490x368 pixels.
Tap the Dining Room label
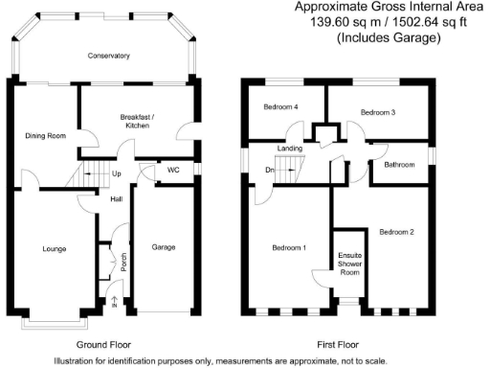click(45, 136)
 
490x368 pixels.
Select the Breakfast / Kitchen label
click(137, 122)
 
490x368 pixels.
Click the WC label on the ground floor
click(173, 170)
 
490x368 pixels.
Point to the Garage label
click(164, 247)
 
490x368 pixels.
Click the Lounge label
click(54, 249)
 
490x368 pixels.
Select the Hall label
click(116, 199)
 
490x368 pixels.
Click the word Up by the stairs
click(117, 174)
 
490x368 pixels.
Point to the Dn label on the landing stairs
click(270, 172)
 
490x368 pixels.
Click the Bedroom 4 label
click(280, 107)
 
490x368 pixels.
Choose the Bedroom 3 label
click(377, 112)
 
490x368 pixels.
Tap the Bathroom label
click(400, 165)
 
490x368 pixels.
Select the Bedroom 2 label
click(396, 232)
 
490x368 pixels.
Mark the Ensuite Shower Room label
click(349, 263)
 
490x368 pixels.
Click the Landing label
click(290, 149)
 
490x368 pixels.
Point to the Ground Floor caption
click(102, 344)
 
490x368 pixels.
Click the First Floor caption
click(338, 344)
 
